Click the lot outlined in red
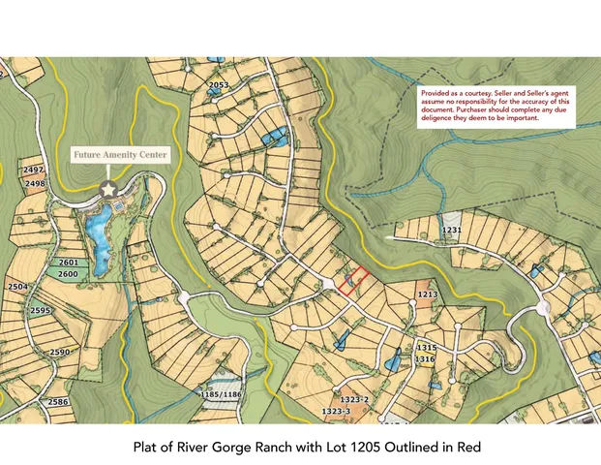pyautogui.click(x=353, y=280)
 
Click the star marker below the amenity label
pyautogui.click(x=109, y=186)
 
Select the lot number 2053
pyautogui.click(x=219, y=85)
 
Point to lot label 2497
pyautogui.click(x=34, y=170)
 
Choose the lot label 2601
pyautogui.click(x=68, y=263)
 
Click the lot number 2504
pyautogui.click(x=18, y=288)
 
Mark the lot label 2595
pyautogui.click(x=40, y=310)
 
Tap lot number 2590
pyautogui.click(x=60, y=352)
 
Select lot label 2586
pyautogui.click(x=58, y=401)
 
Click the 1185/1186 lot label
pyautogui.click(x=220, y=395)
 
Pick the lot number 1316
pyautogui.click(x=426, y=358)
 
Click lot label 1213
pyautogui.click(x=428, y=294)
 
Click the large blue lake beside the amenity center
pyautogui.click(x=98, y=232)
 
